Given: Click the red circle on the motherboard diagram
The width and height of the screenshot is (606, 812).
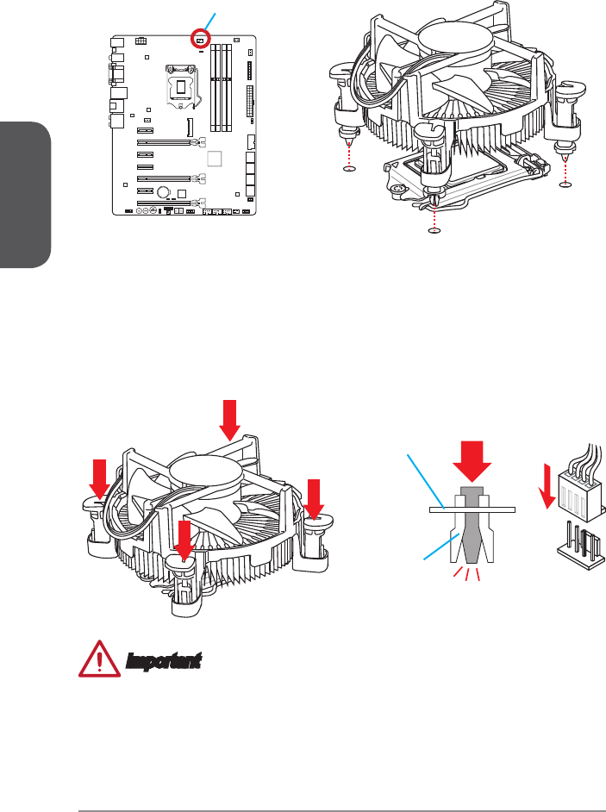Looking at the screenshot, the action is tap(200, 40).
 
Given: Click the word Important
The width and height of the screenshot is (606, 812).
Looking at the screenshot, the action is tap(163, 662).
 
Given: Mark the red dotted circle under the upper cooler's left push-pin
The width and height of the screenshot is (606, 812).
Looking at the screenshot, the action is tap(349, 169).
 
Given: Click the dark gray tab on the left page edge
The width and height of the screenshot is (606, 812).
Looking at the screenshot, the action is tap(24, 195).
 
